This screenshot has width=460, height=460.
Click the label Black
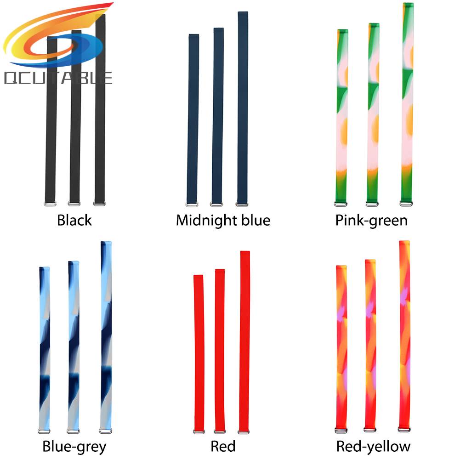pos(74,220)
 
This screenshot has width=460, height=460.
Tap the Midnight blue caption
pos(223,220)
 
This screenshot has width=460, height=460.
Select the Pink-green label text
pos(371,220)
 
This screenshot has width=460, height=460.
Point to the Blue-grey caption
pos(74,446)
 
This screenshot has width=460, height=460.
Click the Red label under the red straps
pos(223,446)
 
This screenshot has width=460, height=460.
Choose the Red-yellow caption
pos(373,446)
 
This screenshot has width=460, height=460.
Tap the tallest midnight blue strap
pos(243,106)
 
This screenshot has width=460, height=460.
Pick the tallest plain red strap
pos(244,340)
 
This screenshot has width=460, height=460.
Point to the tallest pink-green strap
pos(407,101)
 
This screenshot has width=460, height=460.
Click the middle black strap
pos(75,115)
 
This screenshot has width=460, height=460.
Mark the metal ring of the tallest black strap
pos(99,203)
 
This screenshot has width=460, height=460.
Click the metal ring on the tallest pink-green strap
pos(406,203)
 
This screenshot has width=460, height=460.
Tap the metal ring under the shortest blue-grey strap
pos(44,431)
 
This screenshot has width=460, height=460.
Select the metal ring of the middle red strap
pos(220,431)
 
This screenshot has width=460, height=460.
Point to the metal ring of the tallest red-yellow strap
pos(404,430)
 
